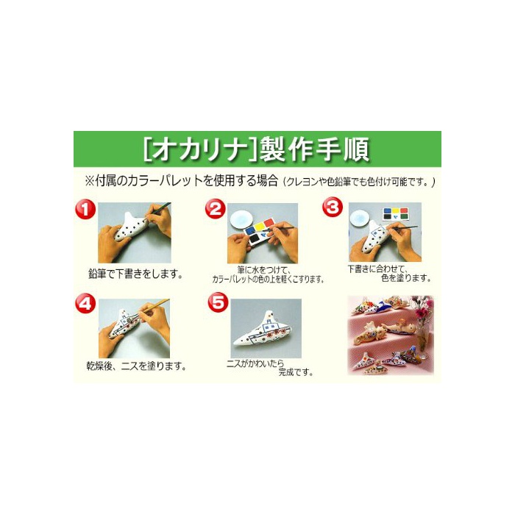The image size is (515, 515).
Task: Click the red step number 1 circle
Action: [x=85, y=209]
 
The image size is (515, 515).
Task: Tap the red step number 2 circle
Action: [x=216, y=209]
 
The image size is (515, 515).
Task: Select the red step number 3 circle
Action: [x=333, y=207]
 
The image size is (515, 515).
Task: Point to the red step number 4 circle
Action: [x=85, y=303]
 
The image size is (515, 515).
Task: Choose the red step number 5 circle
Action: [x=218, y=302]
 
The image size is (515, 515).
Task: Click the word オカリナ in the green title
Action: [x=199, y=150]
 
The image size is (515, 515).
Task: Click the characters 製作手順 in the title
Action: [x=315, y=150]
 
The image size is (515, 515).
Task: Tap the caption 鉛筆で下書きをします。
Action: [x=135, y=274]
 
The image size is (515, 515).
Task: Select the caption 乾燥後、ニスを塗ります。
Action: [x=136, y=366]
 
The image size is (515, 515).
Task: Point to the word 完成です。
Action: [x=295, y=372]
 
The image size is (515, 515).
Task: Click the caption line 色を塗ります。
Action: [x=406, y=278]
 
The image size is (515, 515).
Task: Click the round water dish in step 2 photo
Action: [x=241, y=219]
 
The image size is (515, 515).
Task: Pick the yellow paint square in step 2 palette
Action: [x=260, y=227]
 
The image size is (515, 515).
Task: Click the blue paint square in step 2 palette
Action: [x=250, y=230]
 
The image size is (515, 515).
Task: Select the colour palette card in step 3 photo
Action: [x=396, y=214]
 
